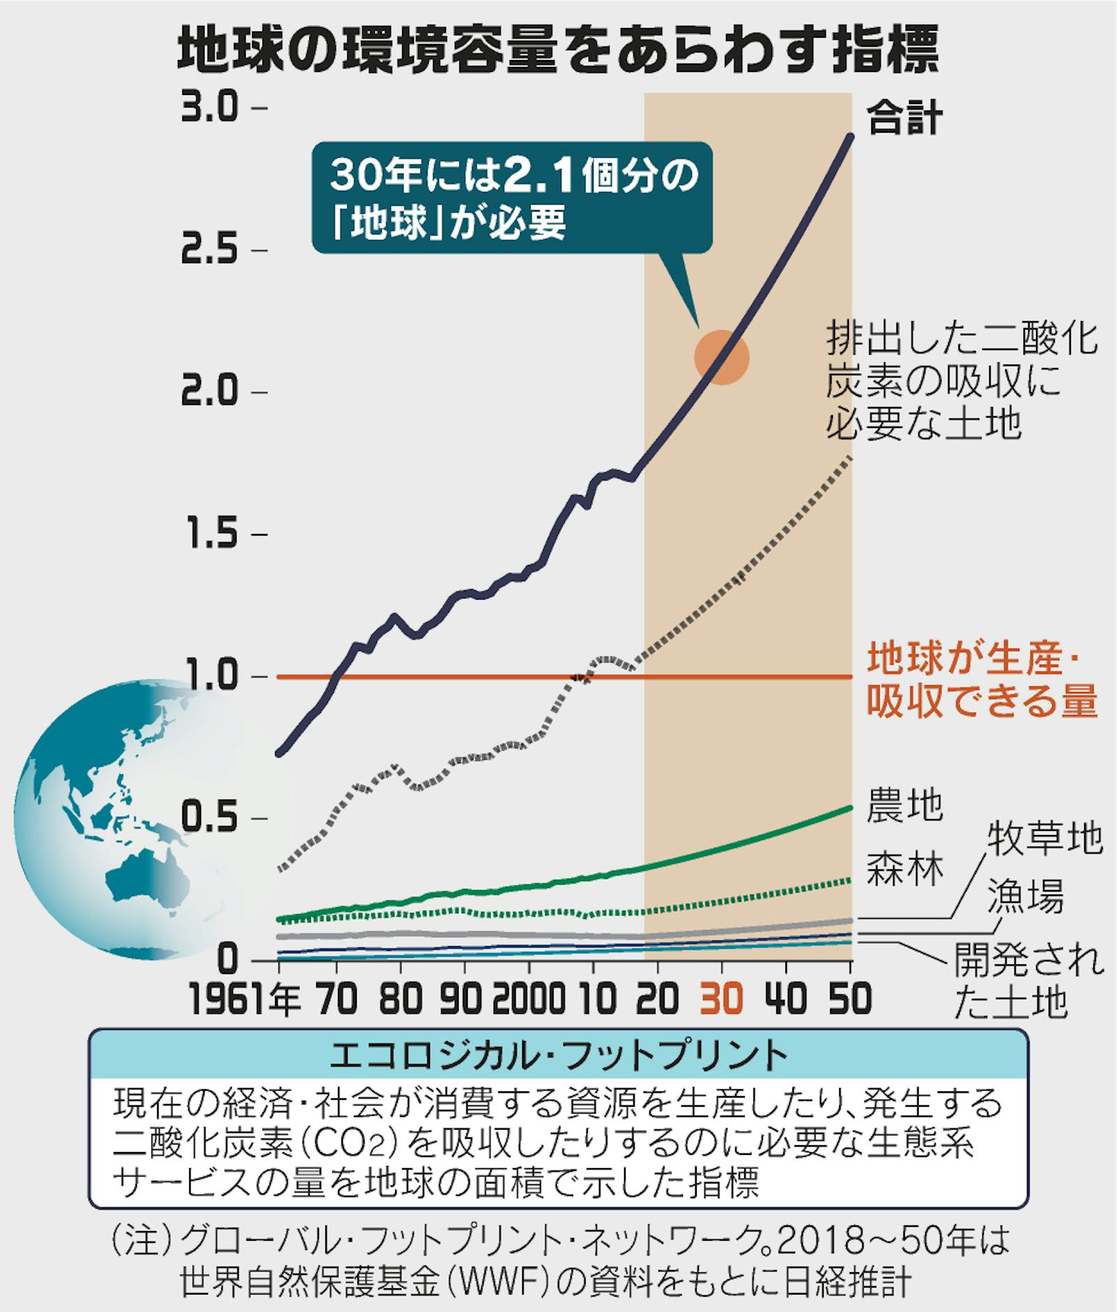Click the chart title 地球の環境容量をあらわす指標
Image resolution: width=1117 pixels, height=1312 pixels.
tap(558, 51)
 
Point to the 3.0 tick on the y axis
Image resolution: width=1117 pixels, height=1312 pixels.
tap(209, 110)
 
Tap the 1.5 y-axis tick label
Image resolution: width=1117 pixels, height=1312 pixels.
tap(209, 535)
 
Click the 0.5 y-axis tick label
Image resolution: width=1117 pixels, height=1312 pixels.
tap(209, 818)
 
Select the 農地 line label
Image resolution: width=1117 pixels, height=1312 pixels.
tap(904, 805)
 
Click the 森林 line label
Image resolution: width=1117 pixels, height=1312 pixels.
tap(904, 870)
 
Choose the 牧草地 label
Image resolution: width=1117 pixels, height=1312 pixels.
tap(1044, 838)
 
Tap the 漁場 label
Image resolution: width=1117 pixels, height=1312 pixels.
tap(1025, 896)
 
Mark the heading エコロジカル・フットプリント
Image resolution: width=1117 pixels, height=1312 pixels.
tap(558, 1057)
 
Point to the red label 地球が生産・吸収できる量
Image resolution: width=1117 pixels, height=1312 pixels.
tap(980, 680)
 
